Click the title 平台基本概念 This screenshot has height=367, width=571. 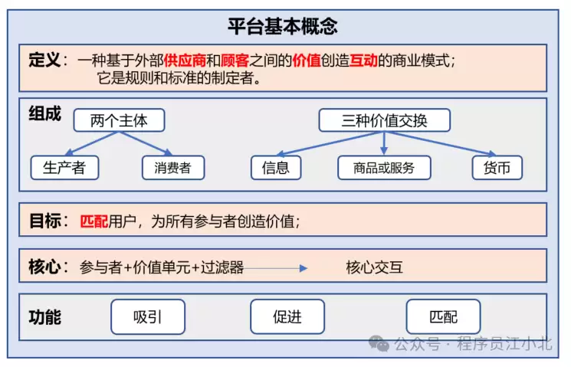(283, 27)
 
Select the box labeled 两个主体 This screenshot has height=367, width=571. (119, 121)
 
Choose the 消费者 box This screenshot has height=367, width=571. (173, 168)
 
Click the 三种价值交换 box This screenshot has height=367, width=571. (384, 121)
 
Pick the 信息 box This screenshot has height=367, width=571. (276, 168)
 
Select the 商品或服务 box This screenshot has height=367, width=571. (385, 168)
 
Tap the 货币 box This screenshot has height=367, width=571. (497, 168)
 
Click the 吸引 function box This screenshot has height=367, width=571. (148, 316)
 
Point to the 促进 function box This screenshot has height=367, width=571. (287, 316)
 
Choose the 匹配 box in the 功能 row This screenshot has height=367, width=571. (443, 316)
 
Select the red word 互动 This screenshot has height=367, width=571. (363, 61)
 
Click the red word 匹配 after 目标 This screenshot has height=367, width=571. (94, 221)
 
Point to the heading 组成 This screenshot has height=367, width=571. (44, 113)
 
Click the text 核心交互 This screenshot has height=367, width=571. (374, 267)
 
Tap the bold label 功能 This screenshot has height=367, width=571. (44, 316)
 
